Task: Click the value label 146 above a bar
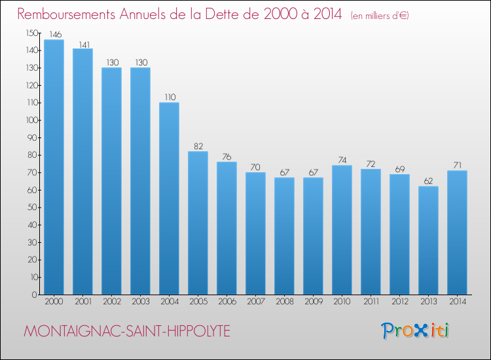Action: [54, 35]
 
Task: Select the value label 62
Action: [428, 181]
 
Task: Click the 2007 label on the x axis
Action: [255, 302]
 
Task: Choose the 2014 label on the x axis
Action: [457, 302]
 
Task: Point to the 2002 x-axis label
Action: [111, 302]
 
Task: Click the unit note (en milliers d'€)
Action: [379, 16]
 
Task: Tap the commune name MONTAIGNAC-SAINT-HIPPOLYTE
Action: [127, 331]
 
